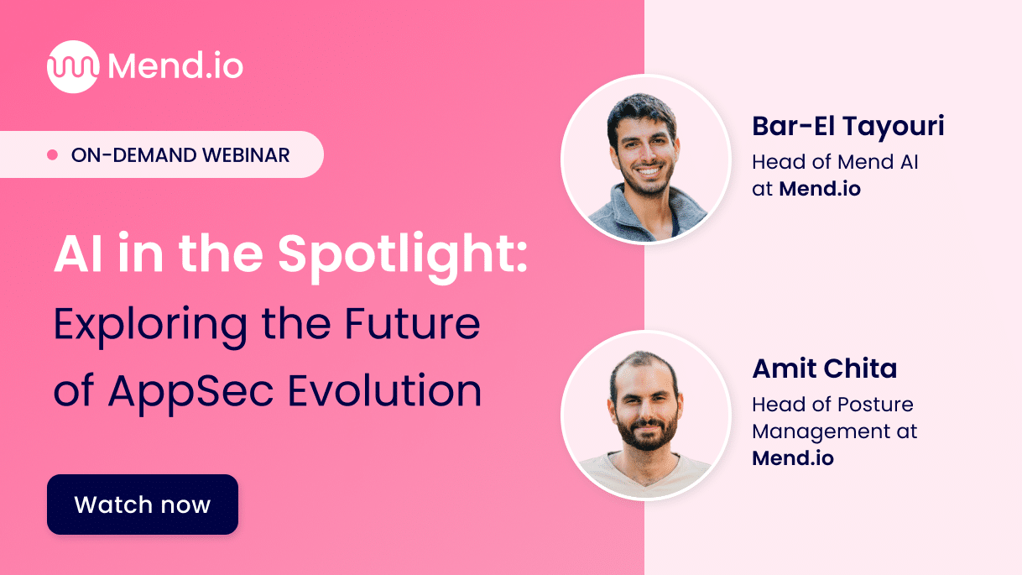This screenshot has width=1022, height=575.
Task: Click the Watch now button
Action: click(143, 504)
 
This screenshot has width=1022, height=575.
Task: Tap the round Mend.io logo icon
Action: click(73, 67)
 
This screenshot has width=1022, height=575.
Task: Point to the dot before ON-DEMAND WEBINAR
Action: click(52, 155)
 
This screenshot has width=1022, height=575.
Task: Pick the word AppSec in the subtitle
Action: click(196, 392)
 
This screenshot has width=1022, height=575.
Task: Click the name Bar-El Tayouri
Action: click(848, 127)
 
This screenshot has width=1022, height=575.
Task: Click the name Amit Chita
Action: click(824, 369)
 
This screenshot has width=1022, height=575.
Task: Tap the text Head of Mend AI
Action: click(835, 161)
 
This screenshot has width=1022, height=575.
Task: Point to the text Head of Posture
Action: click(832, 404)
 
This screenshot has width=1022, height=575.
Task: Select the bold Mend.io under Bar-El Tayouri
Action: click(820, 189)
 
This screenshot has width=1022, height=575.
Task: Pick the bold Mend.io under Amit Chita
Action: click(792, 458)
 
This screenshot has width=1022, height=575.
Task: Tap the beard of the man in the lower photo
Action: click(644, 431)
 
